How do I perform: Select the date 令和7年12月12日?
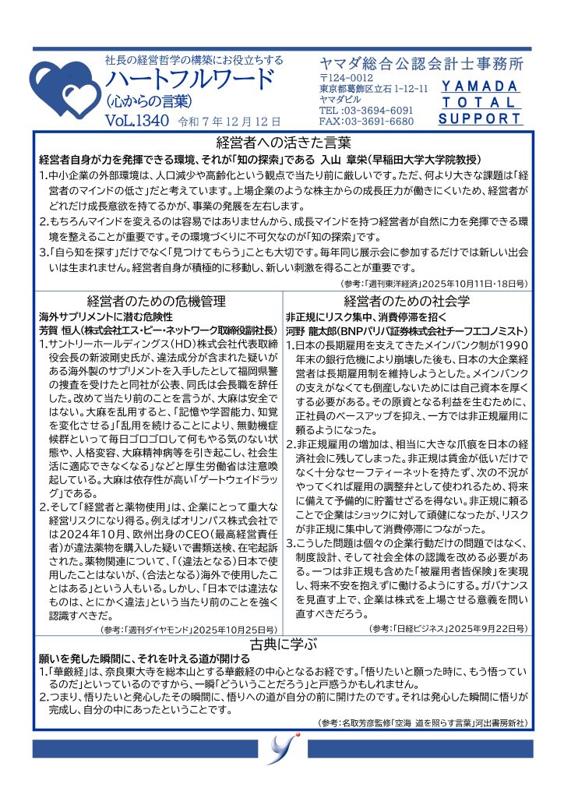pos(230,122)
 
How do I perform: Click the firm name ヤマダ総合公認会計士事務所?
pos(421,63)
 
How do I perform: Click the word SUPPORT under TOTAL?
pos(479,119)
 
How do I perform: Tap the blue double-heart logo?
pos(63,90)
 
